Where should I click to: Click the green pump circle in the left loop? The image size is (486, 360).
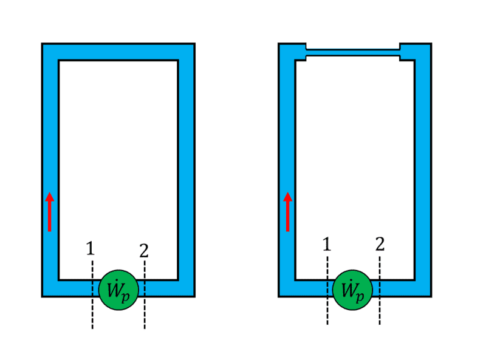[x=119, y=289]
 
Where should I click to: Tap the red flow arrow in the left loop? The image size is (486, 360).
[x=50, y=212]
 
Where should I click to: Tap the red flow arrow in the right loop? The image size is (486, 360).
[x=288, y=212]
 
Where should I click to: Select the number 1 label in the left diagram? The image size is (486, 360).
[x=91, y=248]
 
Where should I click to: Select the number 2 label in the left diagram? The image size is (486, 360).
[x=143, y=250]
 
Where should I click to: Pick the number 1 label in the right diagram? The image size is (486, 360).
[x=327, y=244]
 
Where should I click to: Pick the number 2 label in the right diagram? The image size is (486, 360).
[x=380, y=244]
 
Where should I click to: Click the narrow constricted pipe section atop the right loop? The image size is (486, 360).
[x=353, y=52]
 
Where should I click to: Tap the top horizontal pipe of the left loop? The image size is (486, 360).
[x=118, y=52]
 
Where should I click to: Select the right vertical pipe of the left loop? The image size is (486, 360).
[x=187, y=170]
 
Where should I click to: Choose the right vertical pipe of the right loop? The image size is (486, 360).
[x=423, y=170]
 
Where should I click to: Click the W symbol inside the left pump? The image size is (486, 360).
[x=114, y=288]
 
